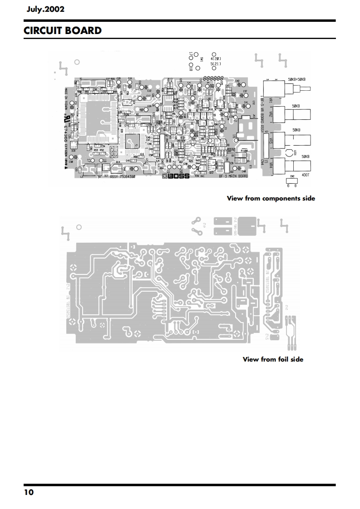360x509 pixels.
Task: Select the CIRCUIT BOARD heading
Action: (x=63, y=31)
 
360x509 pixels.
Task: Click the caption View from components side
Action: (x=271, y=198)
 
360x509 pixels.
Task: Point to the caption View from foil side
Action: (x=273, y=359)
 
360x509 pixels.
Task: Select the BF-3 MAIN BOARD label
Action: (x=233, y=177)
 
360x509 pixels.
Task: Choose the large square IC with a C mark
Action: (x=134, y=142)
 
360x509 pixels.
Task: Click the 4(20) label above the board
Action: (x=216, y=59)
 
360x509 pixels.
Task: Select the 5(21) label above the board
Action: (x=216, y=64)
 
